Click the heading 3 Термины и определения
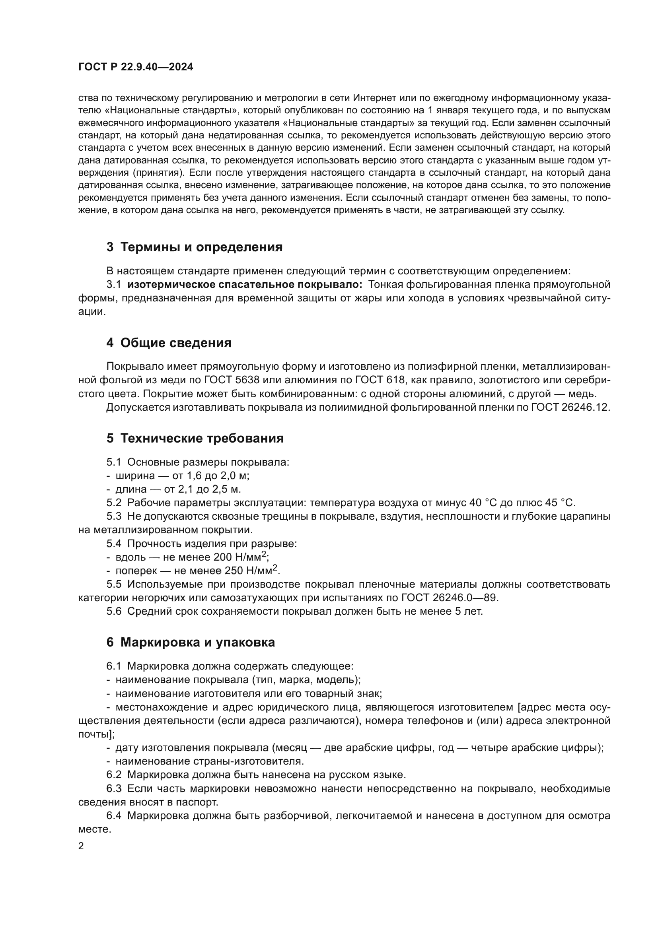pyautogui.click(x=194, y=247)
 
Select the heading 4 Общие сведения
pyautogui.click(x=169, y=343)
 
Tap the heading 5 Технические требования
pyautogui.click(x=195, y=438)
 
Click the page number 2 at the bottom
pyautogui.click(x=81, y=846)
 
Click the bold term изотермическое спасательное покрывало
pyautogui.click(x=245, y=285)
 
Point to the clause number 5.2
pyautogui.click(x=114, y=503)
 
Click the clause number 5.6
pyautogui.click(x=114, y=611)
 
